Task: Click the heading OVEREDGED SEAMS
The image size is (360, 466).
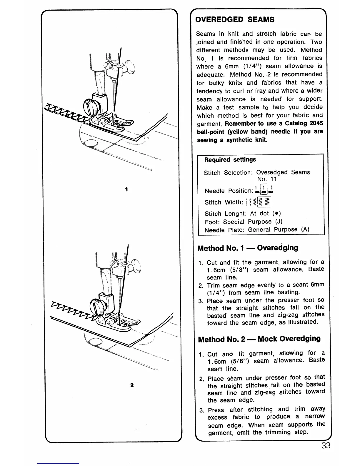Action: (x=235, y=20)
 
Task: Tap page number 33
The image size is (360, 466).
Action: (x=326, y=445)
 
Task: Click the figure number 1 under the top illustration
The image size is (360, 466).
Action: (x=126, y=189)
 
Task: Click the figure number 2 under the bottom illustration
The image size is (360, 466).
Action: (x=132, y=385)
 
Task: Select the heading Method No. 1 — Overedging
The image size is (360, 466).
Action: (x=248, y=248)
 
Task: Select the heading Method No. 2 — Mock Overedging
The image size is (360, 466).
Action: (x=259, y=339)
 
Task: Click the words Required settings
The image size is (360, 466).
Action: (x=230, y=160)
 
